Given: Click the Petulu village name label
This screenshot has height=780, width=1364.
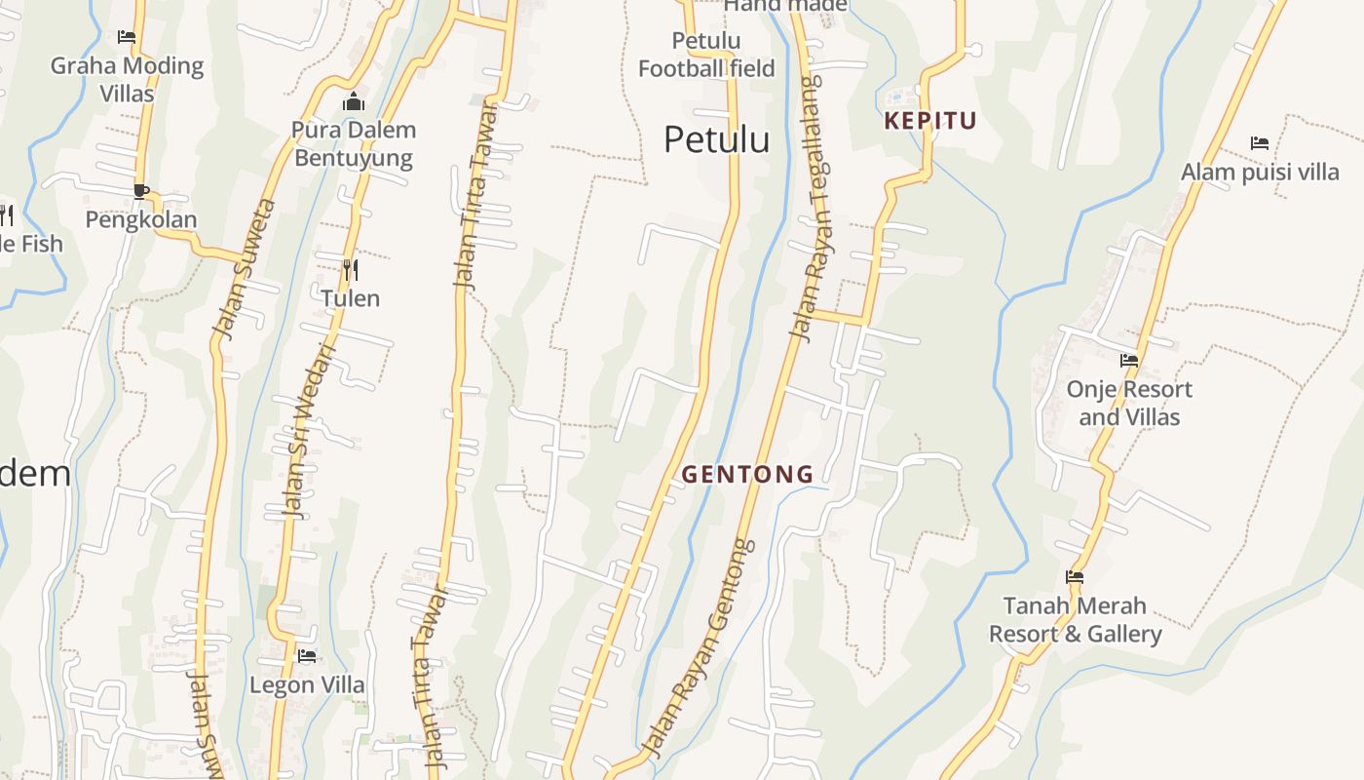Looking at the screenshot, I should tap(716, 139).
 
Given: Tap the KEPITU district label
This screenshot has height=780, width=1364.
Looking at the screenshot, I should tap(929, 121).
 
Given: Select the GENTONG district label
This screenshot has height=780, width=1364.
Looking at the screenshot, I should tap(747, 474).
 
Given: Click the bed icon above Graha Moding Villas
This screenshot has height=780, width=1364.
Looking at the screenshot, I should tap(127, 37).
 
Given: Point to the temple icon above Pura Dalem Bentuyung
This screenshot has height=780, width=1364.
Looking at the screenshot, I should tap(353, 101).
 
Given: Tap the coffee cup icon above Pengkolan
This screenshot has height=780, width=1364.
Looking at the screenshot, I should tap(141, 190).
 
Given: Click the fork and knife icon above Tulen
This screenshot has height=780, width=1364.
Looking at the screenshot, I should tap(351, 269).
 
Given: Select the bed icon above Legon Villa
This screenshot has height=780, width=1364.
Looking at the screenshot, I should tap(307, 656).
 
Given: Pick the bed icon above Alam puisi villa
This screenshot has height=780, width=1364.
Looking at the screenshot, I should tap(1259, 143).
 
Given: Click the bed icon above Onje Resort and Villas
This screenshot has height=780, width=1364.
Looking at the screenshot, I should tap(1129, 360).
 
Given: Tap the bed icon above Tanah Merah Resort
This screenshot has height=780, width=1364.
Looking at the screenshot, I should tap(1075, 577).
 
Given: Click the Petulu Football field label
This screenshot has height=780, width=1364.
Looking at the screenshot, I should tap(706, 55).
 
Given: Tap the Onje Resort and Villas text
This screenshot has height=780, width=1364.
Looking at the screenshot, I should tap(1129, 403).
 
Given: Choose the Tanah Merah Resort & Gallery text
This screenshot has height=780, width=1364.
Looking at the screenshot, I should tap(1075, 620).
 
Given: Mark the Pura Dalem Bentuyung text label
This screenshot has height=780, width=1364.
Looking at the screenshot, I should tap(353, 143).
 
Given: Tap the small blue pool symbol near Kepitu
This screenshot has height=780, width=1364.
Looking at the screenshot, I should tap(896, 97).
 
